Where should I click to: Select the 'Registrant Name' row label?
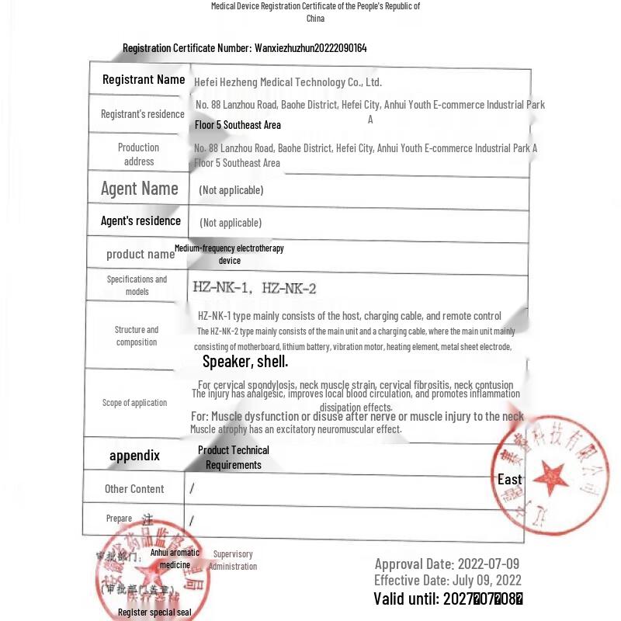pos(144,79)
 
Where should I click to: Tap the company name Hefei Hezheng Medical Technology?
pos(288,82)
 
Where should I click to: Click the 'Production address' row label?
pos(139,154)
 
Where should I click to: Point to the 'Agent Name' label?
pos(140,189)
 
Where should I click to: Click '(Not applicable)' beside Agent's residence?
pos(231,223)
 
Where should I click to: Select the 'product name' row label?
pos(141,254)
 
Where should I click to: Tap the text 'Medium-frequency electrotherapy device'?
pos(229,255)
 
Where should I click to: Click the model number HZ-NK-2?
pos(289,289)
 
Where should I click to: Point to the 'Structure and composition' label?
pos(137,335)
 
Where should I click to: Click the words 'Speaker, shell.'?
pos(245,361)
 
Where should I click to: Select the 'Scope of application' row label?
pos(134,402)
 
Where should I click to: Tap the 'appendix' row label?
pos(134,456)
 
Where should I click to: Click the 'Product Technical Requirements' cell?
pos(234,457)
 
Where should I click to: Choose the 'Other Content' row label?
pos(134,489)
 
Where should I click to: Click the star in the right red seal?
pos(552,473)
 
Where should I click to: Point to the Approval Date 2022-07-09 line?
pos(447,564)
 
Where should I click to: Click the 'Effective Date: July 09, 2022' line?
pos(448,580)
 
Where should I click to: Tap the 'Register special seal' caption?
pos(154,612)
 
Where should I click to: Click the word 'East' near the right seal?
pos(510,479)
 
